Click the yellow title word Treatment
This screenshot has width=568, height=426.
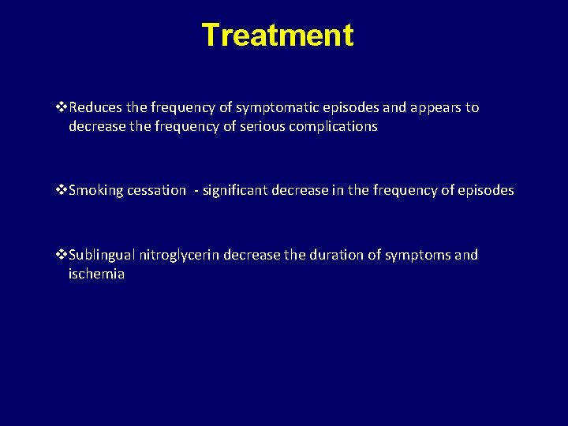[278, 35]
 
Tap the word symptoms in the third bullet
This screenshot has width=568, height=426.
[414, 255]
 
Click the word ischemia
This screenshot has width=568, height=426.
[96, 275]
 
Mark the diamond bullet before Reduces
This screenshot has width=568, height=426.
[63, 107]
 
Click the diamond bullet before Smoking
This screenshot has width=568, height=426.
[63, 190]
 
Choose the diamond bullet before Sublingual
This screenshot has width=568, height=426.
[63, 255]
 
